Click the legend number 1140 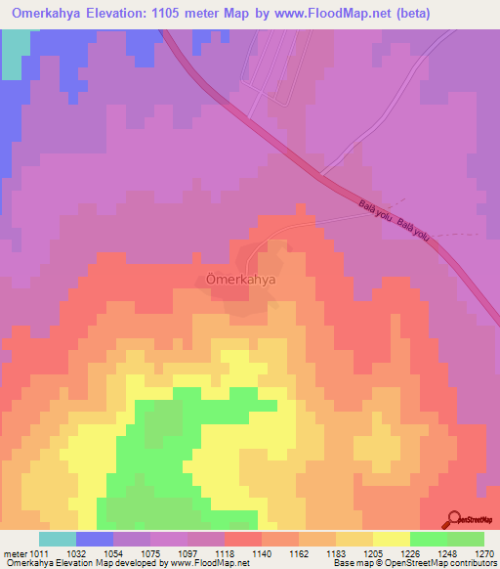[x=261, y=552]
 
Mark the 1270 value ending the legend [x=483, y=552]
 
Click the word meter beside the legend [x=13, y=552]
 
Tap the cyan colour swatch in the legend [x=58, y=539]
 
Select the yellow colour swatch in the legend [x=391, y=539]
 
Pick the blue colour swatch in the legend [x=95, y=539]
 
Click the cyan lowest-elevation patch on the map [x=14, y=54]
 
